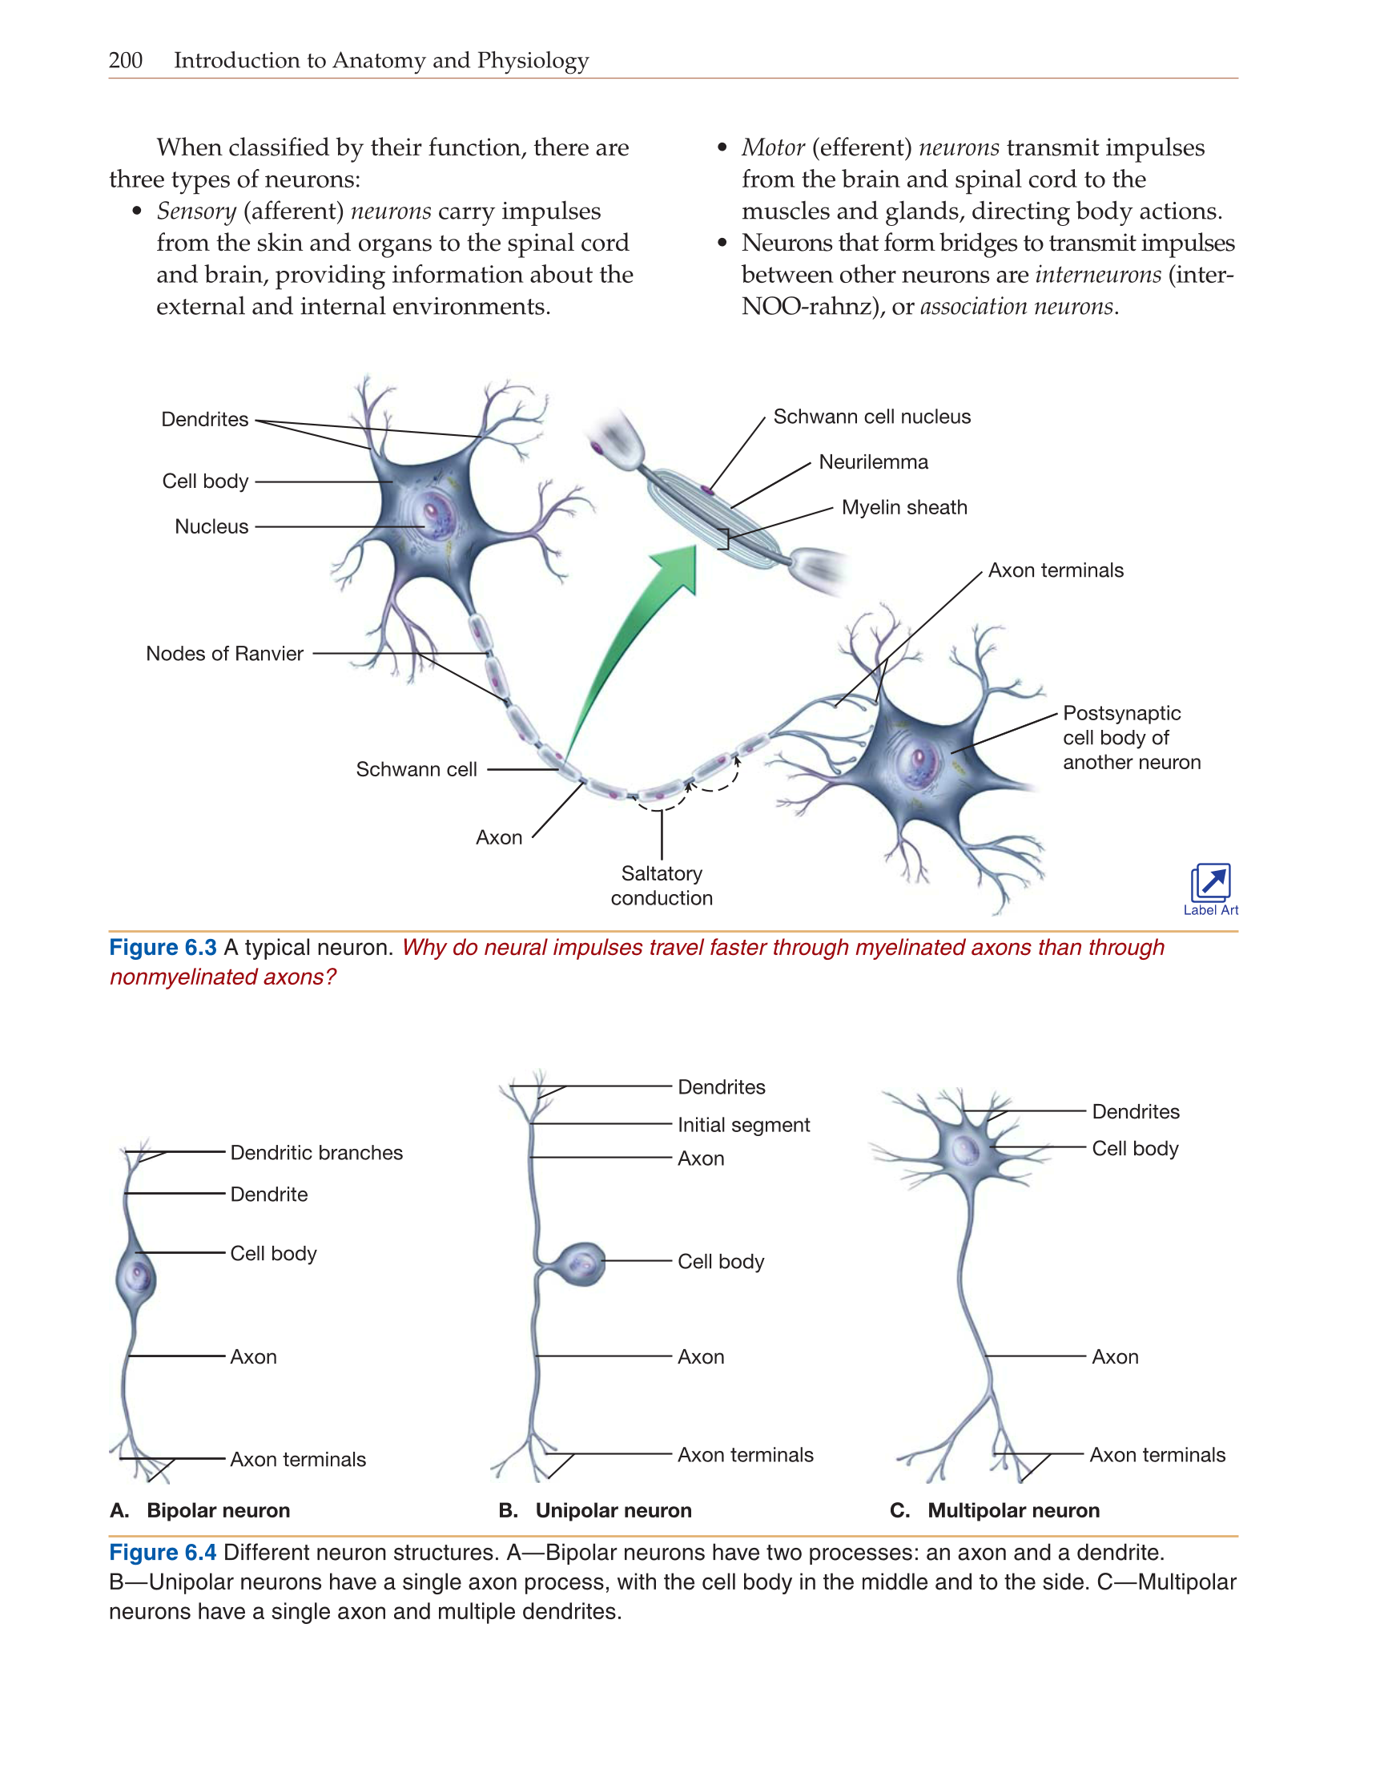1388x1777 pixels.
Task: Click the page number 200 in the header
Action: [x=125, y=60]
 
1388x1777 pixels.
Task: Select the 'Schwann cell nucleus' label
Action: [x=871, y=417]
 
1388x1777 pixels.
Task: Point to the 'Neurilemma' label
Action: [x=873, y=462]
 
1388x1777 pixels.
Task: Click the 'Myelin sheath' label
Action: [x=904, y=508]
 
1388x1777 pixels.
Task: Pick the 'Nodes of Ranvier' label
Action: [x=224, y=654]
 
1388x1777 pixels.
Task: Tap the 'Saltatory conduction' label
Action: [x=662, y=885]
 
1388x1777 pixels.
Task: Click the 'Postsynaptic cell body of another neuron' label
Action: [x=1131, y=737]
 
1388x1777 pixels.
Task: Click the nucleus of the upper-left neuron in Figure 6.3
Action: [x=430, y=514]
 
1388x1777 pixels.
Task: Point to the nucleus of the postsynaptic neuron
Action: [x=919, y=761]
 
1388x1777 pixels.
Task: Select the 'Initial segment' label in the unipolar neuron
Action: [x=743, y=1125]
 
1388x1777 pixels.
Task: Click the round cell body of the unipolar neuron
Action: [x=582, y=1263]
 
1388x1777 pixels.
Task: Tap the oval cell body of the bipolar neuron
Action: [x=136, y=1276]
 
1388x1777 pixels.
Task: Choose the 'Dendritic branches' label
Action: [x=316, y=1152]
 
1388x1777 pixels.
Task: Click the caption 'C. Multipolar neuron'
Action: [x=994, y=1510]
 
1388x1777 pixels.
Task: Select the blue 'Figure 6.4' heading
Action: [x=163, y=1553]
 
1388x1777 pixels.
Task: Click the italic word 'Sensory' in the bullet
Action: [x=196, y=212]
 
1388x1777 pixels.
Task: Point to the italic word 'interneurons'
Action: [x=1097, y=275]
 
